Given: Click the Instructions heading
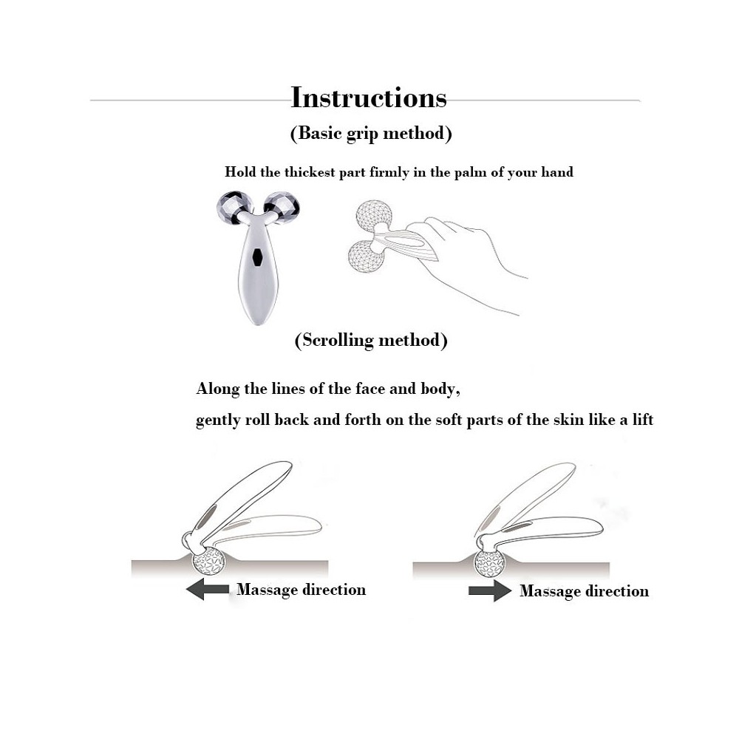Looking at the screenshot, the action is (369, 98).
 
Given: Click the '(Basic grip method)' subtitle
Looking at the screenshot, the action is (371, 133).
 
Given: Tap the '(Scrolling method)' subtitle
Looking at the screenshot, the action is (371, 340).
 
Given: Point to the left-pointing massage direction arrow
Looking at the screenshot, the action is (208, 589).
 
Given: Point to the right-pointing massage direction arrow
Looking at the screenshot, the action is (490, 590).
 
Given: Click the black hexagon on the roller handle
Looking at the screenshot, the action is (257, 257).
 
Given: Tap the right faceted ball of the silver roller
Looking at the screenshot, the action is (282, 208).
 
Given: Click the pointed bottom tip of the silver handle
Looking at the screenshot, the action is (258, 324).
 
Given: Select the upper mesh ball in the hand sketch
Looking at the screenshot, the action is (374, 216).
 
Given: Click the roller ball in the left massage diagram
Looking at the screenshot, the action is (209, 561).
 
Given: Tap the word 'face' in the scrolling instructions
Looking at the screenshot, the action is (370, 389).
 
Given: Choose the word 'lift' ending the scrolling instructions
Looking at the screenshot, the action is (643, 419).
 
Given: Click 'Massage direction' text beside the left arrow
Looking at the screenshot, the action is (302, 590).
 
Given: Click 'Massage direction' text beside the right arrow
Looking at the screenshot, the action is (585, 591).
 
